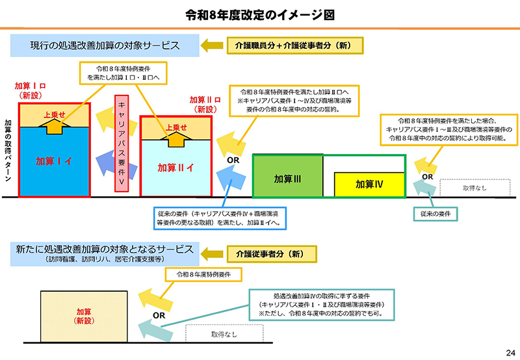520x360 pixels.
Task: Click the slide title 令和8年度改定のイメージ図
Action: coord(260,14)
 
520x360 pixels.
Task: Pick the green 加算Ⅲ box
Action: coord(287,177)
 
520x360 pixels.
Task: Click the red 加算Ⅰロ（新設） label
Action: coord(30,90)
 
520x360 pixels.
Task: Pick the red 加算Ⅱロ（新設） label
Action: coord(205,105)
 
